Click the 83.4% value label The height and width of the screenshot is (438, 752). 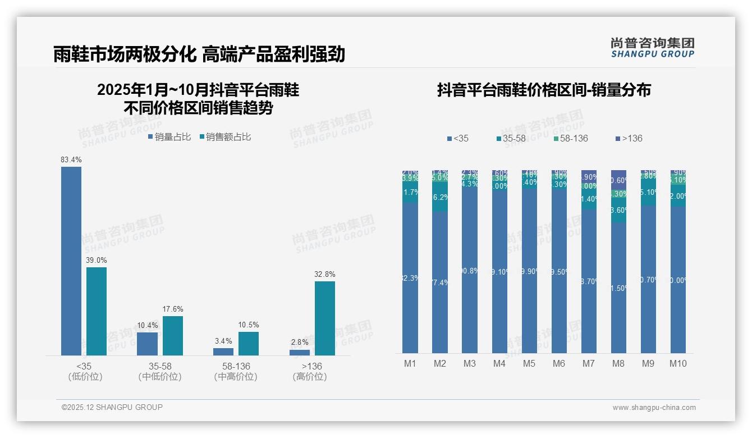click(71, 160)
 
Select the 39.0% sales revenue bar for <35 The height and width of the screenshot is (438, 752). click(97, 311)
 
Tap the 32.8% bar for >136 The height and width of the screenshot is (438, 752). click(324, 318)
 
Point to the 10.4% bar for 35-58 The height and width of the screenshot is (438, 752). click(147, 344)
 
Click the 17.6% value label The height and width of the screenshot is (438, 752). click(173, 309)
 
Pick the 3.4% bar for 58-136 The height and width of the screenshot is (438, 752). click(223, 352)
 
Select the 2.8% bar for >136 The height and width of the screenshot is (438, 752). click(300, 353)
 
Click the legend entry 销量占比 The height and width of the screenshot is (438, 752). click(169, 137)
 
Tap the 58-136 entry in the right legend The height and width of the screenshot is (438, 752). click(570, 138)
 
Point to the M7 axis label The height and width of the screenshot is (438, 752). click(588, 363)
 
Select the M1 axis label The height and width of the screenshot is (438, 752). click(410, 363)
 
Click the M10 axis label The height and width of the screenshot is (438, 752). click(678, 363)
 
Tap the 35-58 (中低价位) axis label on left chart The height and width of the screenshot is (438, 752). click(160, 371)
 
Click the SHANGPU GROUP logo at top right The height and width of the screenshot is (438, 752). click(652, 47)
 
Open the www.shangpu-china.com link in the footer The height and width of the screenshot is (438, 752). click(654, 408)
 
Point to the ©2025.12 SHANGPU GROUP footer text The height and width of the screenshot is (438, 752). click(112, 407)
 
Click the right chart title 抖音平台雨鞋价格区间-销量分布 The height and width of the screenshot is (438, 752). click(544, 90)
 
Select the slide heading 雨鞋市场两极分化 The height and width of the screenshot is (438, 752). click(124, 54)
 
